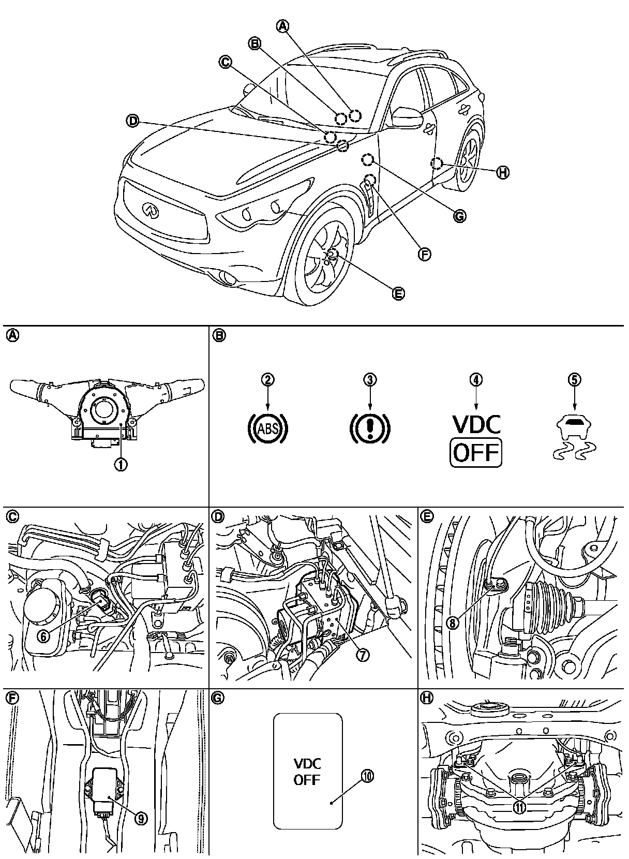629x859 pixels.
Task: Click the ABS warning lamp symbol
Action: point(267,428)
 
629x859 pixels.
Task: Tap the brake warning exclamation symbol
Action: point(370,428)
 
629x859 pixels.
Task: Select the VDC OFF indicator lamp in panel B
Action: point(476,439)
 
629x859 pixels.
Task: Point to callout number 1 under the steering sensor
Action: point(121,464)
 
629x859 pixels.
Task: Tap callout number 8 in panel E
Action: point(452,623)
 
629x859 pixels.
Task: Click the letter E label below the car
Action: point(397,294)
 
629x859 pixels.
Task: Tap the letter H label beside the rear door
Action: point(502,173)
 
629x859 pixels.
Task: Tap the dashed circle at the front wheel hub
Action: point(331,254)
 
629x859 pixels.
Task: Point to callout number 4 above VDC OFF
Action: point(475,379)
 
